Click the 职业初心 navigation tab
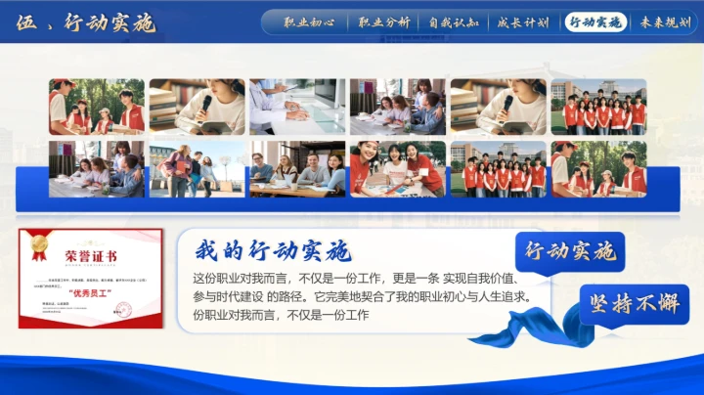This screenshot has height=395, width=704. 309,22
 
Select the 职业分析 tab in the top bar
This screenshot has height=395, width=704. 383,22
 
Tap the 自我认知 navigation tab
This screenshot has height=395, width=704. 453,22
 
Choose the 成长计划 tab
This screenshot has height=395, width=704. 522,22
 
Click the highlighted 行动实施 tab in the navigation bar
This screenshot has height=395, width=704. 594,22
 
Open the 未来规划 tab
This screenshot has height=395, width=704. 665,22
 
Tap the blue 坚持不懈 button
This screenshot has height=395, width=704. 633,304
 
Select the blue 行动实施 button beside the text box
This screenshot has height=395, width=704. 569,251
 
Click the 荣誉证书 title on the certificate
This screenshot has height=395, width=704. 91,256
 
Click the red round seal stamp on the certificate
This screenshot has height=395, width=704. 124,310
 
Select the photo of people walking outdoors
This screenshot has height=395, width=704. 196,168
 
